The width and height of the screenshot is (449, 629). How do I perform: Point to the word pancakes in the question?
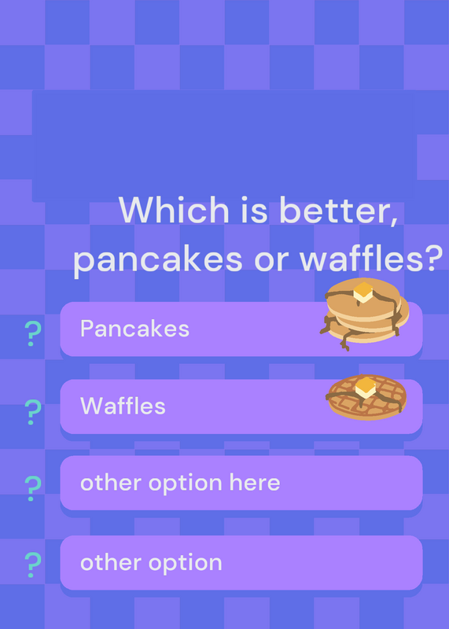(x=158, y=261)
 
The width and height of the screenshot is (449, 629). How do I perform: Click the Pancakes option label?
(x=134, y=329)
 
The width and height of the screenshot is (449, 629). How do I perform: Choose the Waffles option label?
(x=123, y=406)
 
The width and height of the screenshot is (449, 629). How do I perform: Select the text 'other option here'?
(x=180, y=483)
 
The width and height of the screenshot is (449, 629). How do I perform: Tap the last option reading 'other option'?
(x=151, y=562)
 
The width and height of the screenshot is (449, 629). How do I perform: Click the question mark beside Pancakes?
(x=33, y=333)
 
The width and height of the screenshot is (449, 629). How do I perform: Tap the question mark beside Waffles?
(x=33, y=412)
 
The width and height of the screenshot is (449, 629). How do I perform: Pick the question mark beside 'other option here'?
(x=33, y=488)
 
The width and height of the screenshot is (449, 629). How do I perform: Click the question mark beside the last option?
(x=33, y=565)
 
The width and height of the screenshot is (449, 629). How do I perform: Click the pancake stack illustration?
(x=364, y=314)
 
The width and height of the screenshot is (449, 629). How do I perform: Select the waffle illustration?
(x=366, y=397)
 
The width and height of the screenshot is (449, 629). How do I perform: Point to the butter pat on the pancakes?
(x=363, y=292)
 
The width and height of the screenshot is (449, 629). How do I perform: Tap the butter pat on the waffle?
(x=366, y=388)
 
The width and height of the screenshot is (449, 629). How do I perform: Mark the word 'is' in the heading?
(x=254, y=210)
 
